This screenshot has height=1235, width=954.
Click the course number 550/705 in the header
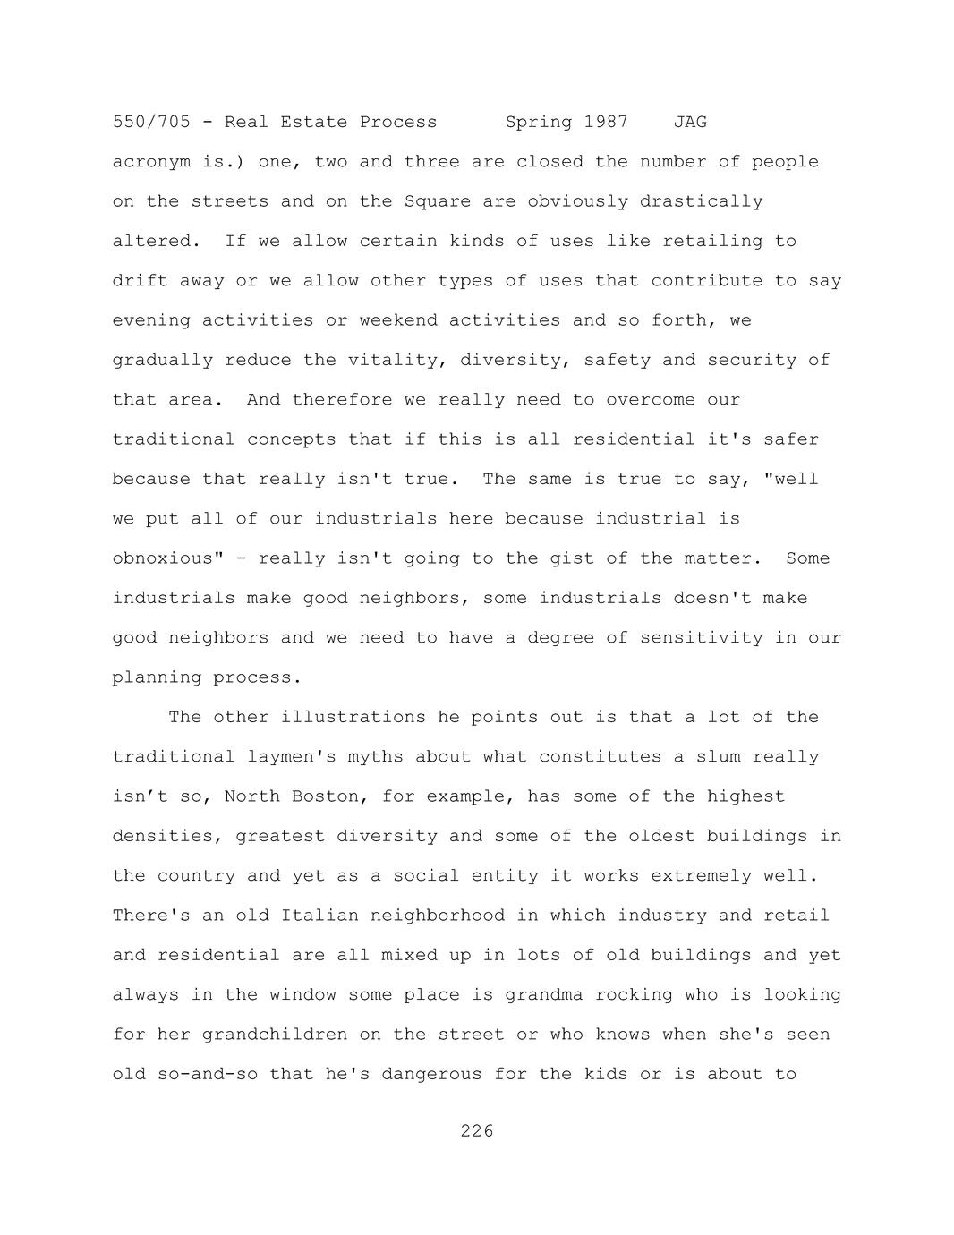click(151, 122)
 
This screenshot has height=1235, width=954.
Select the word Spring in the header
click(539, 122)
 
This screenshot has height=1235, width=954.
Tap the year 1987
click(606, 122)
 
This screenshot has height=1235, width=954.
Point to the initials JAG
click(690, 122)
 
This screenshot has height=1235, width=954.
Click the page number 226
click(477, 1131)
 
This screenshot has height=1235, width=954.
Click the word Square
click(438, 201)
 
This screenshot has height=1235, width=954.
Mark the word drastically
click(701, 201)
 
